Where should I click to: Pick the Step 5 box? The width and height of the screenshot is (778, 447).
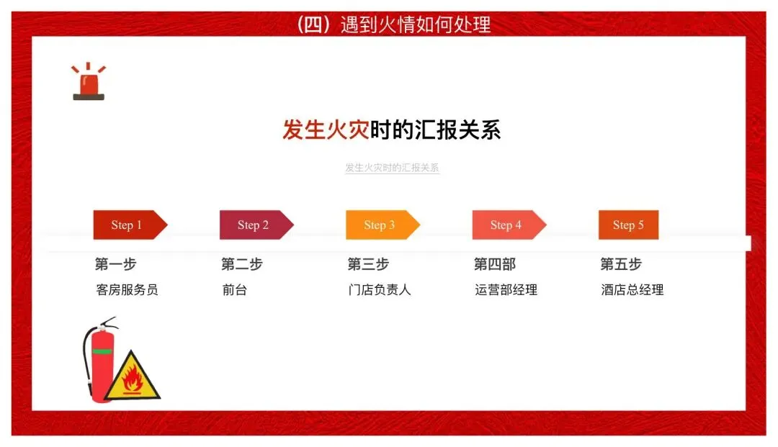629,225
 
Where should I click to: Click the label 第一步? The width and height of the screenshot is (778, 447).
115,264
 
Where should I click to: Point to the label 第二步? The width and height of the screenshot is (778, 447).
242,264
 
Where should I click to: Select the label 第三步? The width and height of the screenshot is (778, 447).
368,264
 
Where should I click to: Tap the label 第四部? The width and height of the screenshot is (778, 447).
495,264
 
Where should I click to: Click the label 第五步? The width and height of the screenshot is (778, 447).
621,264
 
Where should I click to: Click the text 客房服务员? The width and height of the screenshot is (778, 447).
127,290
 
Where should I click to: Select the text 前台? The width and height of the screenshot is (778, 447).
235,290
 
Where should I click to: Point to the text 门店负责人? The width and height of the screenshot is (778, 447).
380,290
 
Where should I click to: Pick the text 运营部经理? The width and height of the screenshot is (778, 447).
506,290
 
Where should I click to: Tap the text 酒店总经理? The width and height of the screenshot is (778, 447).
632,290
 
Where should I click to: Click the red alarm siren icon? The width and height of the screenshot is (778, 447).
89,82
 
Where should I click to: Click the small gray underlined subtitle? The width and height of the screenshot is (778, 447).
392,168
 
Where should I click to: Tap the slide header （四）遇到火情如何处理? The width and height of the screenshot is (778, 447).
393,24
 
